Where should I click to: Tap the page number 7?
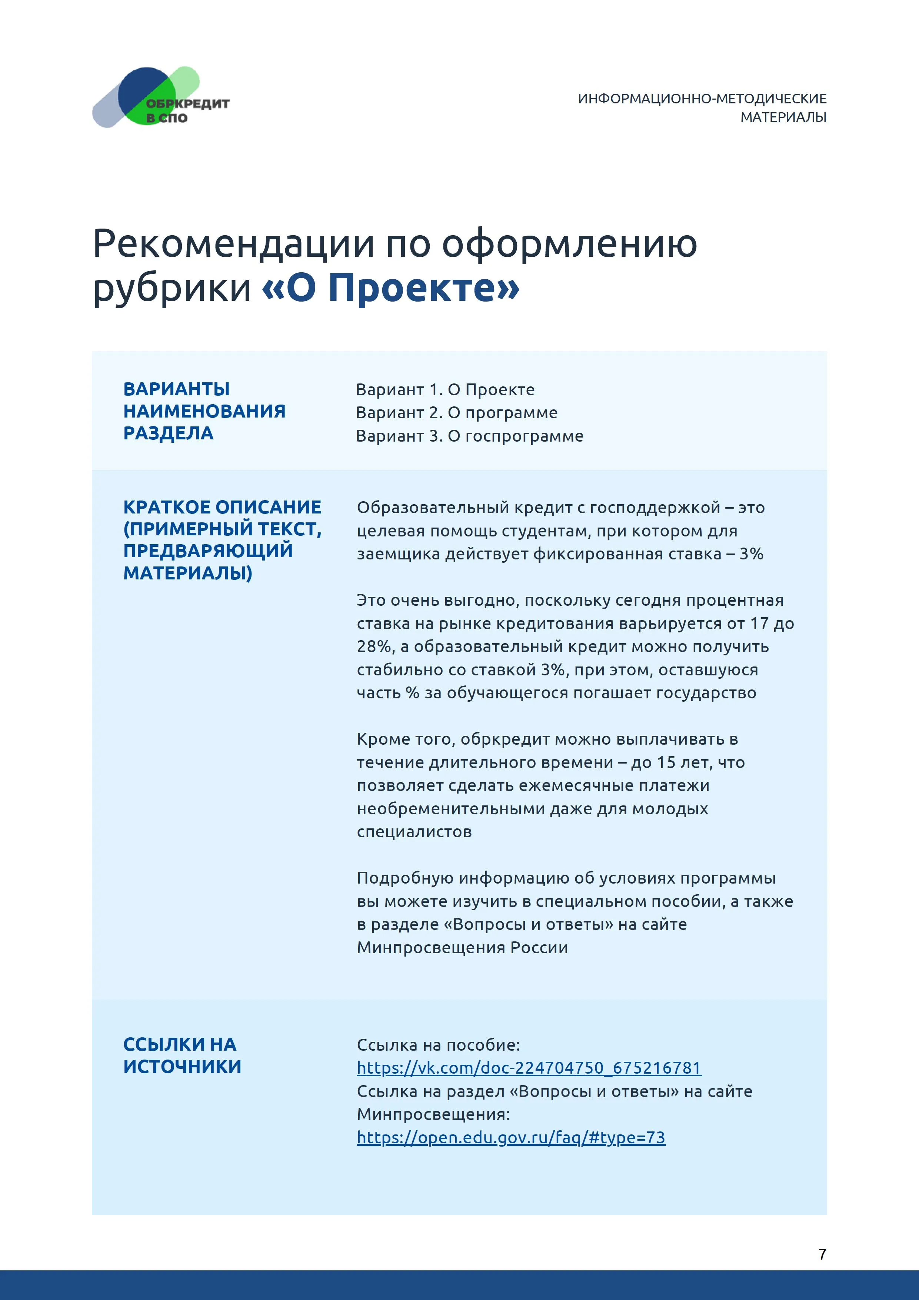coord(822,1254)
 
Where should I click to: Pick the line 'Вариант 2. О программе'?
coord(456,413)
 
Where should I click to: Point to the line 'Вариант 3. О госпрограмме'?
coord(469,436)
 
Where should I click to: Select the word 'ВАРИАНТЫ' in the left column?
coord(176,389)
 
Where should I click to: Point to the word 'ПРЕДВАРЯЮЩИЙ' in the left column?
coord(208,551)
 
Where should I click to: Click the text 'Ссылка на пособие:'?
coord(438,1045)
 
